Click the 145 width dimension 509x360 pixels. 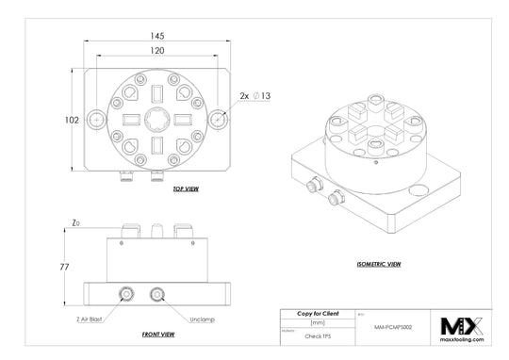click(156, 35)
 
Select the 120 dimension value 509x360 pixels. click(156, 50)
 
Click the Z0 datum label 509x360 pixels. click(74, 222)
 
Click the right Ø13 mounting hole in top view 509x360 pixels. click(219, 121)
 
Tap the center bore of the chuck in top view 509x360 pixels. click(157, 120)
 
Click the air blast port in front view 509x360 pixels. click(126, 296)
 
